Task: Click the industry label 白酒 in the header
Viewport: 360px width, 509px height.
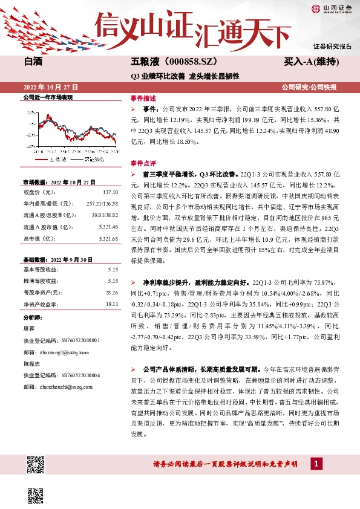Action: coord(33,62)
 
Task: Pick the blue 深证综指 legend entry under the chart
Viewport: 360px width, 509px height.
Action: coord(87,160)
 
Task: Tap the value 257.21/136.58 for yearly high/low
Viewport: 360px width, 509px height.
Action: coord(102,203)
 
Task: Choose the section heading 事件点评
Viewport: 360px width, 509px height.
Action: coord(143,163)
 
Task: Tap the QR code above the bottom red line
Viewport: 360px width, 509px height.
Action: coord(36,465)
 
